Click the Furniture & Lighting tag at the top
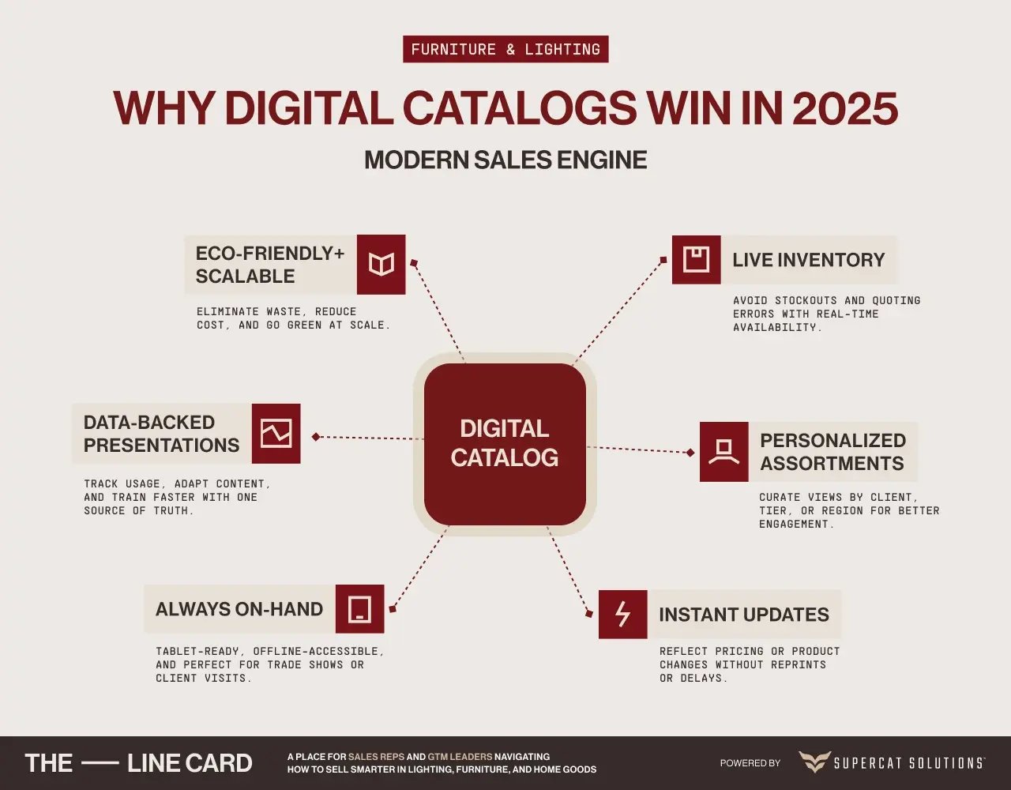(505, 49)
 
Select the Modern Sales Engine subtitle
(505, 160)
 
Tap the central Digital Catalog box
(505, 444)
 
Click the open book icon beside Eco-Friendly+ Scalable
(381, 265)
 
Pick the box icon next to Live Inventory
(696, 260)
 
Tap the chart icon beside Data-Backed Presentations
(276, 433)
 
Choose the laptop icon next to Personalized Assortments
(724, 452)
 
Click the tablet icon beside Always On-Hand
(359, 609)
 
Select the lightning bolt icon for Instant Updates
(622, 614)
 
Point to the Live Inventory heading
(809, 260)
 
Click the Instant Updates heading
(744, 614)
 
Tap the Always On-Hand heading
(239, 609)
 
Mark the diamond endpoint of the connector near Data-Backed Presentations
(316, 436)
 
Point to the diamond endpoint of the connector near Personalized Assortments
(690, 452)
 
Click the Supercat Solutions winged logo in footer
(814, 763)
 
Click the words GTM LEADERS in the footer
(460, 757)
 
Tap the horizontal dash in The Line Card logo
(100, 763)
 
